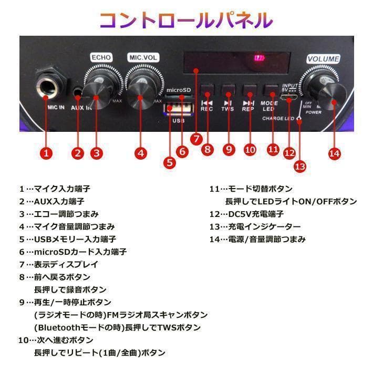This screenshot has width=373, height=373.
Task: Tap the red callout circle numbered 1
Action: tap(47, 153)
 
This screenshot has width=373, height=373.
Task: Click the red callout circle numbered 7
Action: tap(196, 139)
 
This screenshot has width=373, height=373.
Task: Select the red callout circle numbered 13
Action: tap(299, 166)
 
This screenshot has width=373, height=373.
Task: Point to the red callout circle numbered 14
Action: tap(334, 153)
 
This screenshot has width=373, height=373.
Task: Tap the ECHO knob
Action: tap(99, 93)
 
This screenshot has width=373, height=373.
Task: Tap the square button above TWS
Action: tap(228, 89)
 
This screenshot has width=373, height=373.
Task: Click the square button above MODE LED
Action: tap(270, 89)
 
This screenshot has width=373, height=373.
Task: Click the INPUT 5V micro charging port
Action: tap(289, 98)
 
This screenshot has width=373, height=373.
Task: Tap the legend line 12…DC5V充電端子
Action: tap(246, 214)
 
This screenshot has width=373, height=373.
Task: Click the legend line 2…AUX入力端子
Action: tap(52, 201)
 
